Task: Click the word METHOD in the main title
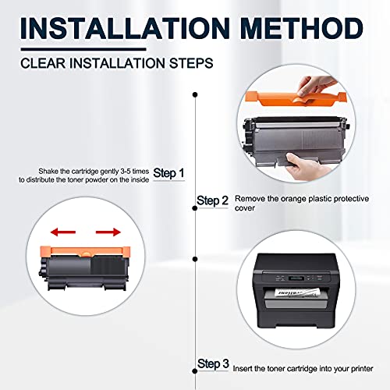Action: [302, 28]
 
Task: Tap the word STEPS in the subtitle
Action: [191, 63]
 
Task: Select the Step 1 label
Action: [168, 173]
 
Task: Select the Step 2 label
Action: [212, 200]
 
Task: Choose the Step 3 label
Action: [213, 363]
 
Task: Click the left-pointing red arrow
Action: [63, 232]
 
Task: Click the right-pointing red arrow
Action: [108, 232]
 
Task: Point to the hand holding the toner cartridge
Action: [307, 166]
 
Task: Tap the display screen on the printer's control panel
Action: [296, 278]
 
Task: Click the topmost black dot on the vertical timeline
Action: [195, 94]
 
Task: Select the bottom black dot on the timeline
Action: [195, 371]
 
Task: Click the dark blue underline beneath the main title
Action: [83, 49]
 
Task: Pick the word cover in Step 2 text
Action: [245, 208]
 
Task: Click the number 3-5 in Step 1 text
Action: [126, 172]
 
